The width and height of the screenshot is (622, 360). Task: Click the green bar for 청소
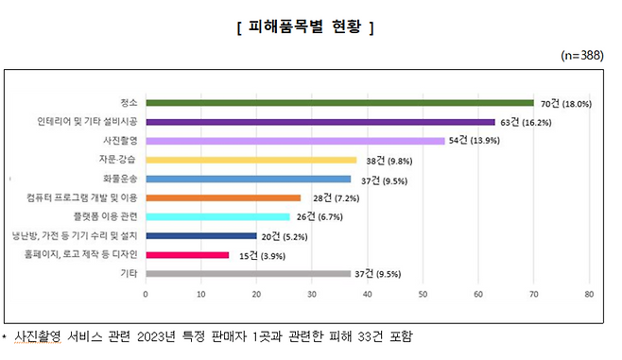click(339, 103)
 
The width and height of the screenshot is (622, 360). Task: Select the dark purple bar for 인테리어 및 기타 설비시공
click(320, 122)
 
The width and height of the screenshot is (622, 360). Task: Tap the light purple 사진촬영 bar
click(295, 141)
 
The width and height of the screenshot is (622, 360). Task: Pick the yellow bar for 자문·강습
click(251, 160)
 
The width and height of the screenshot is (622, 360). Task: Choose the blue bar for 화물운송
click(248, 179)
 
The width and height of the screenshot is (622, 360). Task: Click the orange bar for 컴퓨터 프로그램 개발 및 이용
click(223, 197)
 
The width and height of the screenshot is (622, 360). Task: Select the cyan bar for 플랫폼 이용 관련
click(217, 216)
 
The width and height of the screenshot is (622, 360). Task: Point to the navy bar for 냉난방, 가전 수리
click(200, 235)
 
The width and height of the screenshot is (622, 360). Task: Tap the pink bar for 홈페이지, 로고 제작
click(187, 254)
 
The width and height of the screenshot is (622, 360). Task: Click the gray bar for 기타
click(248, 273)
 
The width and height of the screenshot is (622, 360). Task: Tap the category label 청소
click(129, 103)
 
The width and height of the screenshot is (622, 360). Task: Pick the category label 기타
click(129, 273)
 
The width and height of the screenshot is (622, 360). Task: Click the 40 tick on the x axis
click(367, 295)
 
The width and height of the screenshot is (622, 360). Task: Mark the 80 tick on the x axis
click(588, 295)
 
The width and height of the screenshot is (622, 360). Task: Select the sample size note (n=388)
click(582, 56)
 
